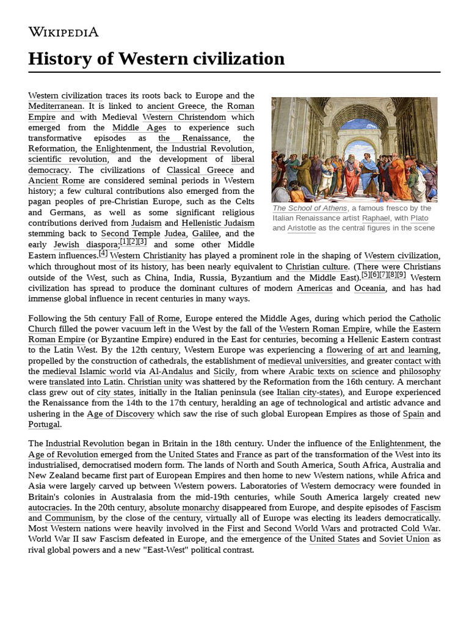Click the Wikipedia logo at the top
click(x=64, y=32)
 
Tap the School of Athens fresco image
click(x=354, y=149)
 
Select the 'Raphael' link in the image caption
click(x=375, y=218)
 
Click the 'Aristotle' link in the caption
click(x=302, y=228)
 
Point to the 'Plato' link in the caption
click(x=419, y=218)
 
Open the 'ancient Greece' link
click(x=176, y=106)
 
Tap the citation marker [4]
click(x=103, y=254)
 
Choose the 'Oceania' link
click(x=369, y=288)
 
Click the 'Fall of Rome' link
click(x=155, y=319)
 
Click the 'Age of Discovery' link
click(x=120, y=414)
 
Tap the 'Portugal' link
click(x=44, y=424)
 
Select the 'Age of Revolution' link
click(x=63, y=454)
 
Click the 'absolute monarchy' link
click(x=184, y=507)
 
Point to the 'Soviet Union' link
click(x=404, y=539)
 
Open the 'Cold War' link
click(x=420, y=528)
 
